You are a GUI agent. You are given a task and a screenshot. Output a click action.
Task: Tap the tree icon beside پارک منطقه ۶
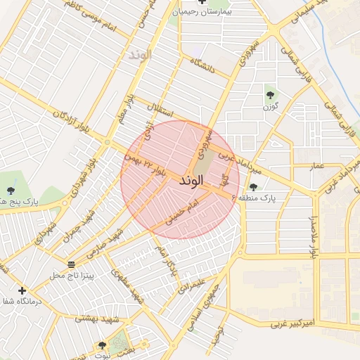253,187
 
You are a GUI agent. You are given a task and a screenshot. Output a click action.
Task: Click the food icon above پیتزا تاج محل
71,264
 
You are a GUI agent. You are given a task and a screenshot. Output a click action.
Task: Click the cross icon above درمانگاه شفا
22,290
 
